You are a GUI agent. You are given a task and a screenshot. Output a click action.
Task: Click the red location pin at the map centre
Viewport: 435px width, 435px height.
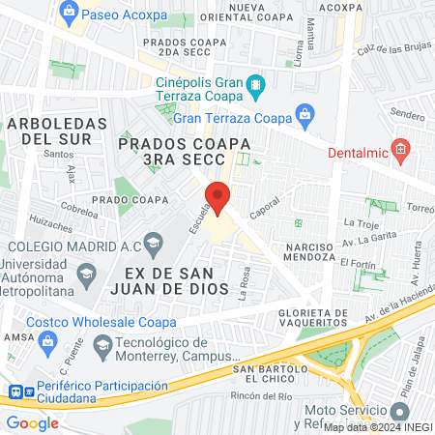pos(218,198)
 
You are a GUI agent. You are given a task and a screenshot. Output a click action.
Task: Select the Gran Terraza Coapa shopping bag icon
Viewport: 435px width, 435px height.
pos(304,115)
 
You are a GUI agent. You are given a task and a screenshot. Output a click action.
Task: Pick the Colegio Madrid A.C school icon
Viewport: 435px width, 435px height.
pos(153,242)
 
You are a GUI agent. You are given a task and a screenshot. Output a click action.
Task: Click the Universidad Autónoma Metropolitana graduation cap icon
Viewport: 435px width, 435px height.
pos(87,276)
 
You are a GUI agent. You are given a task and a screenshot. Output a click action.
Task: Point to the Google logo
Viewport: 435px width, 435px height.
pos(32,422)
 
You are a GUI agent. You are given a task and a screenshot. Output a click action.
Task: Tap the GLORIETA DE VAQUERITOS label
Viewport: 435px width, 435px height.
pos(299,319)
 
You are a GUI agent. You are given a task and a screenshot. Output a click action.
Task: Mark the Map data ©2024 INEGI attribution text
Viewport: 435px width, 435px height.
pos(377,427)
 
